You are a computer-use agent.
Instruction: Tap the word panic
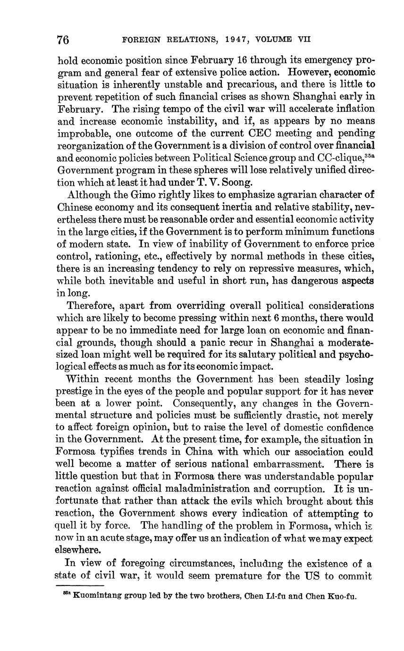coord(219,342)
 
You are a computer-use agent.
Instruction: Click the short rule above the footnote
coord(83,586)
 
